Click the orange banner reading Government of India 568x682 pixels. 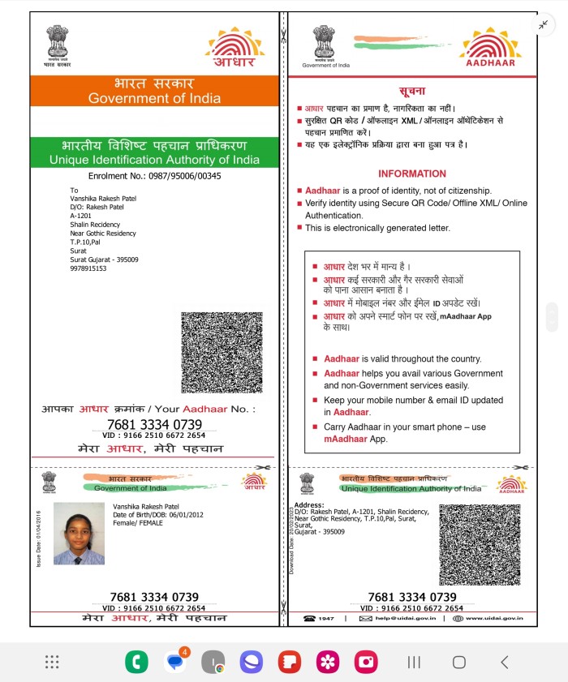[x=153, y=91]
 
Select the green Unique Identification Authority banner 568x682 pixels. [x=153, y=152]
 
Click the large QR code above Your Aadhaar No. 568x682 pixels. [x=222, y=353]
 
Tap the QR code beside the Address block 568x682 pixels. [x=480, y=546]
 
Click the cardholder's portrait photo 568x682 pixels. [x=79, y=533]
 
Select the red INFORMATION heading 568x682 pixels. [x=412, y=174]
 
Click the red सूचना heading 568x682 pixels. [x=412, y=91]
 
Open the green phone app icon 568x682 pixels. [x=136, y=662]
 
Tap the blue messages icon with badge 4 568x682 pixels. [x=174, y=662]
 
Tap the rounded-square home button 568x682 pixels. [x=458, y=663]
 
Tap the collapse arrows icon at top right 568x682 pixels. [x=543, y=24]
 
